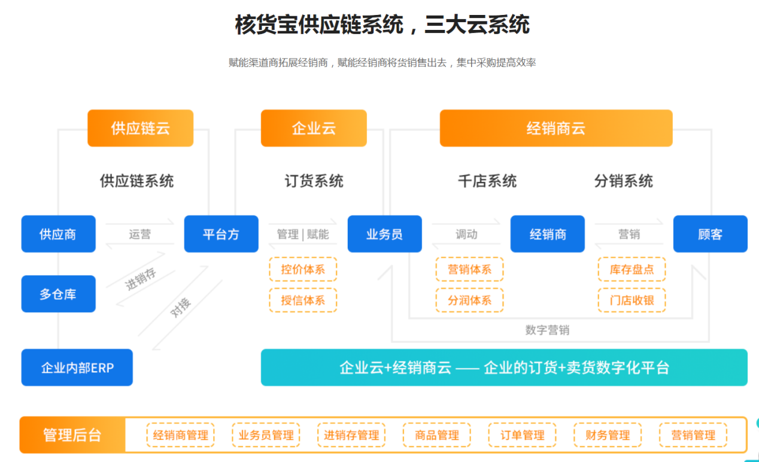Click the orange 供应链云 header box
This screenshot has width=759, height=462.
(x=140, y=128)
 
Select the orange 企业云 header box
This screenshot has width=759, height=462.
(x=314, y=128)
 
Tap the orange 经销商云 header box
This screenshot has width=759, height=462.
(x=555, y=128)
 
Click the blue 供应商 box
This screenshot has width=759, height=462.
(x=58, y=234)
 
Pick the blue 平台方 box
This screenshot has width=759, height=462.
(x=221, y=234)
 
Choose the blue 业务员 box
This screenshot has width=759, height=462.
(x=384, y=234)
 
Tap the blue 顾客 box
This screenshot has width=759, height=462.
(x=710, y=234)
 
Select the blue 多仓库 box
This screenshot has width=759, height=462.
(x=58, y=294)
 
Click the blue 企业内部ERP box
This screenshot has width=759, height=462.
(x=77, y=367)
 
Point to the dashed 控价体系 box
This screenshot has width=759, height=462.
(x=303, y=269)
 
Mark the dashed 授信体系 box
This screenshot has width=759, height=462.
(x=303, y=300)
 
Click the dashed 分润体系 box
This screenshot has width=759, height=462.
(x=469, y=300)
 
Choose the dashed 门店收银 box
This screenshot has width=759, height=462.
(x=632, y=300)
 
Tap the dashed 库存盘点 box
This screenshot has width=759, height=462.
(x=632, y=269)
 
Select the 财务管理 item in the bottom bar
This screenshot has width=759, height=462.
(x=608, y=435)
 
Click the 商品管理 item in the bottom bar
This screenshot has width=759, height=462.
(x=437, y=435)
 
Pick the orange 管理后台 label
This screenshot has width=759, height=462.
(x=72, y=435)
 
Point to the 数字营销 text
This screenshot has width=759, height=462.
(x=547, y=330)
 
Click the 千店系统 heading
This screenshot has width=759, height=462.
(x=487, y=181)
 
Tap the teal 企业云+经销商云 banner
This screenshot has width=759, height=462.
(x=504, y=367)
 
